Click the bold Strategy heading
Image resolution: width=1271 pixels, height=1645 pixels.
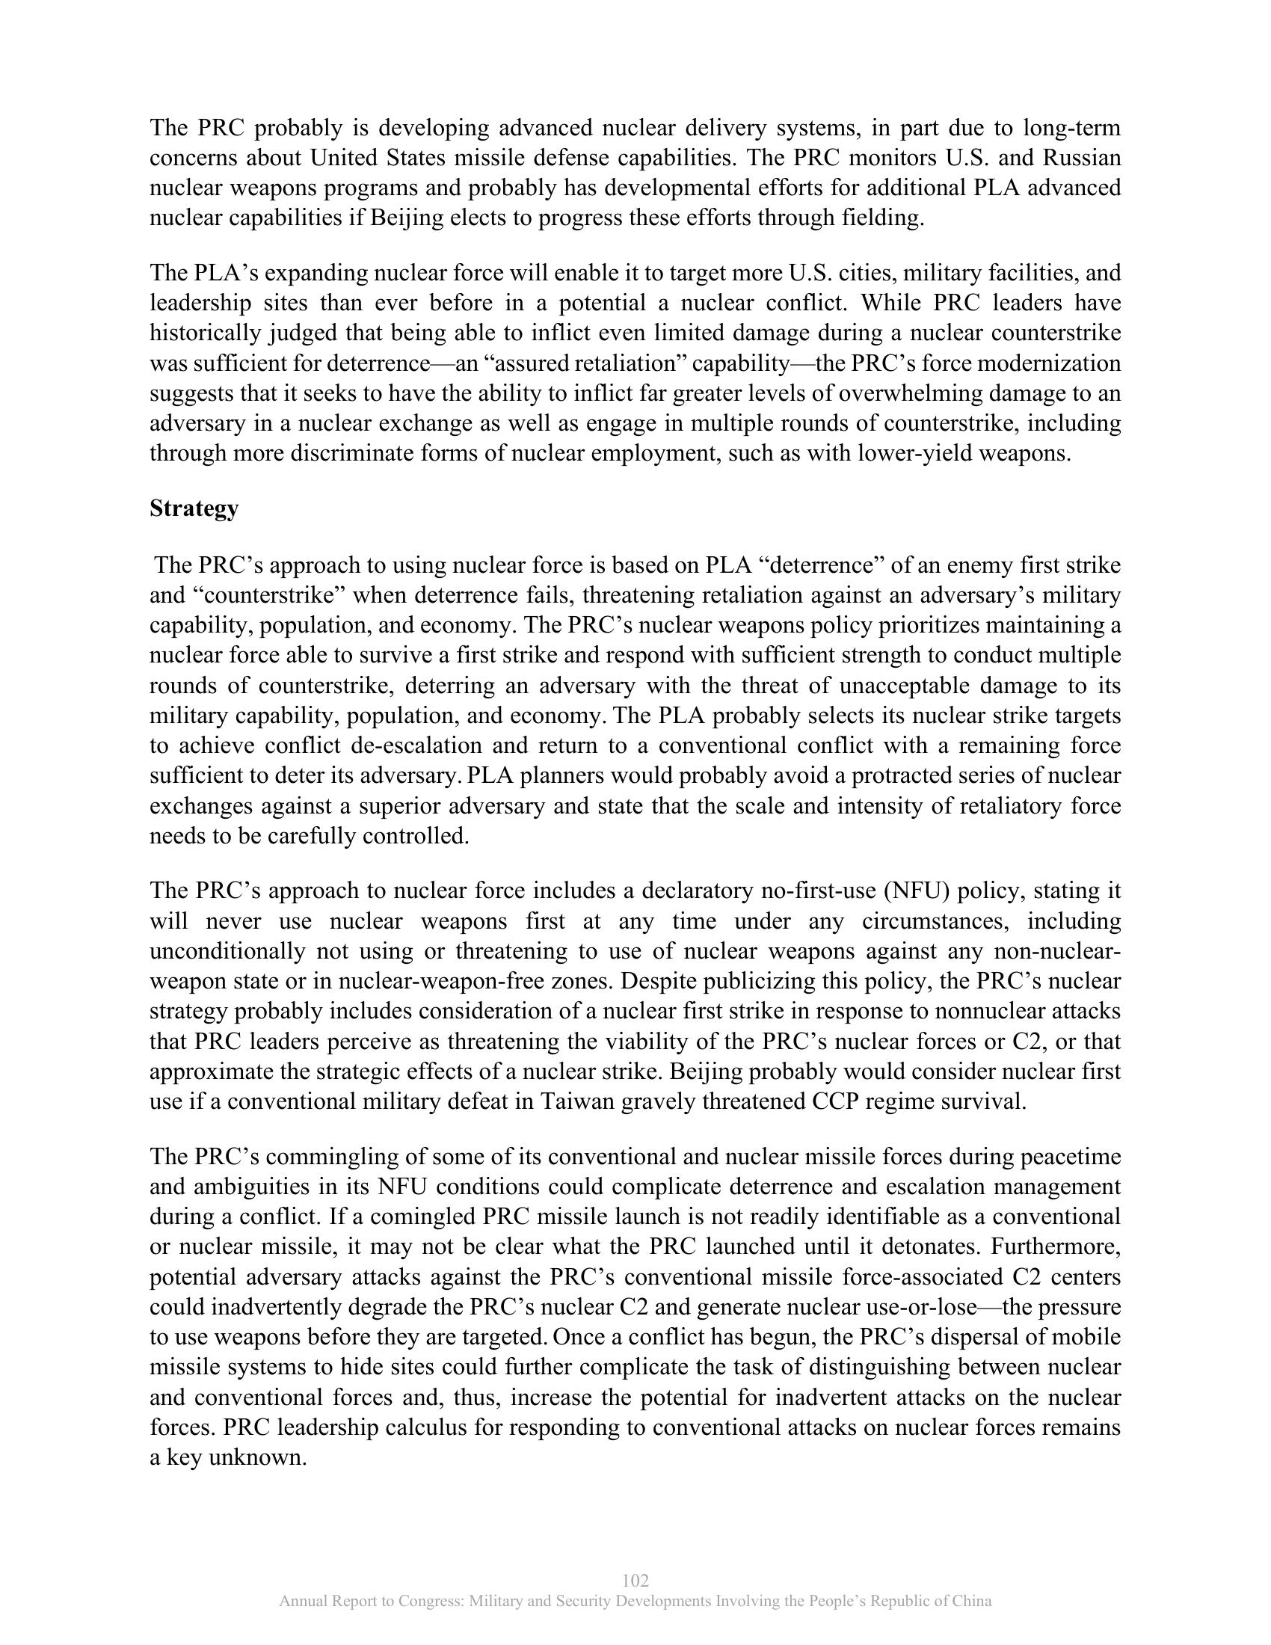pos(194,508)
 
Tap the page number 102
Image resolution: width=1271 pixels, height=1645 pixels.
pos(635,1580)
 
